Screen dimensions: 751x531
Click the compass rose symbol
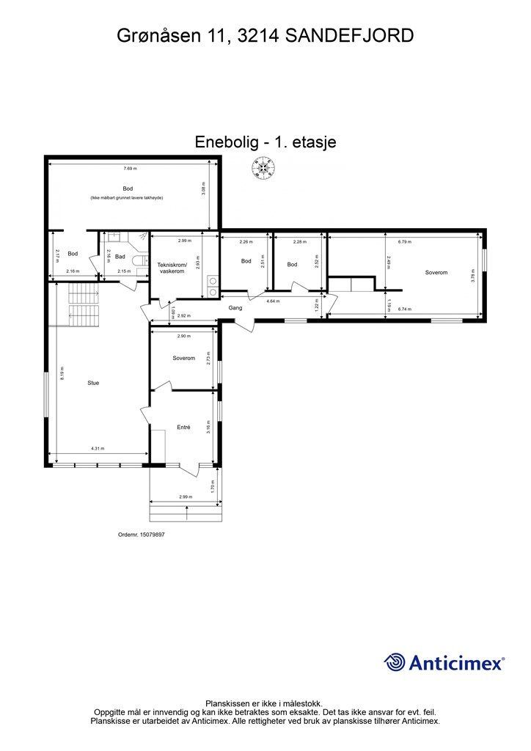263,170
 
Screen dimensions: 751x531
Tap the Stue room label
93,383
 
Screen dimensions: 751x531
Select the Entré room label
183,427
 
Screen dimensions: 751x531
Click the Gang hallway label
235,308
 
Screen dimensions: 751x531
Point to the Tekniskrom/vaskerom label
172,268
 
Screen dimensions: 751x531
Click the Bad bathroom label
120,257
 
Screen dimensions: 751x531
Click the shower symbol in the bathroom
139,239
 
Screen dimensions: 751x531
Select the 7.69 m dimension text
130,169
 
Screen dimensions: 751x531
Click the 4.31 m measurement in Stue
98,449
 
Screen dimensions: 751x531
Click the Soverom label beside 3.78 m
436,273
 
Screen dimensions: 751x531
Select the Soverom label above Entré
183,358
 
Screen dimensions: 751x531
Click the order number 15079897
142,535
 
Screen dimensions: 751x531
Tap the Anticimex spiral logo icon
395,663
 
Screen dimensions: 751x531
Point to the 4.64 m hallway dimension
273,301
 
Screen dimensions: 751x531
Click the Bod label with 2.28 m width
292,265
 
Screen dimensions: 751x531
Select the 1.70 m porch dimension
211,484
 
